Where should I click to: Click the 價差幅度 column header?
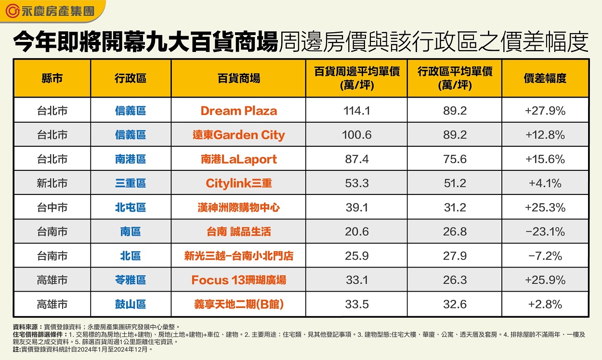pos(545,78)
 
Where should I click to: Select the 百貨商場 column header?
pos(238,78)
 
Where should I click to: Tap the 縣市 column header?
pos(52,78)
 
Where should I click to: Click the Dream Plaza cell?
pos(238,111)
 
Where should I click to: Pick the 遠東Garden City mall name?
pos(238,135)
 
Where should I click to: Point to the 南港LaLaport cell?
pos(238,159)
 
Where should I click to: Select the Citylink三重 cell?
pos(238,183)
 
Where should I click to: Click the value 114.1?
pos(356,111)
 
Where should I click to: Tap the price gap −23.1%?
pos(545,232)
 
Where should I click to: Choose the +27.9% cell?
pos(545,111)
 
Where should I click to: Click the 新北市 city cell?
pos(52,183)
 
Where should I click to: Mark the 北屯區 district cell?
pos(130,208)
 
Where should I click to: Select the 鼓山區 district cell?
pos(130,304)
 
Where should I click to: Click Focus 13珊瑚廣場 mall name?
pos(238,280)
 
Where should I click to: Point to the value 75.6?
pos(455,159)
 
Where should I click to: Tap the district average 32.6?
pos(455,304)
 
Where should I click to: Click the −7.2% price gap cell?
pos(545,256)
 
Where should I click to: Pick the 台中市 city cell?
pos(52,208)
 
